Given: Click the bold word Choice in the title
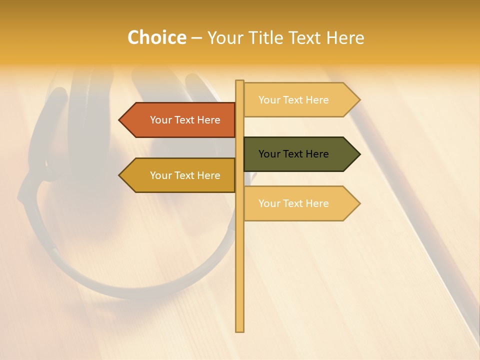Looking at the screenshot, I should pos(156,37).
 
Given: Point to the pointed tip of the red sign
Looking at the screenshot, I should pos(120,120).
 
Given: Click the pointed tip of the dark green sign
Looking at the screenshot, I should pos(359,154).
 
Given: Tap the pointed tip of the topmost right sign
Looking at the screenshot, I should pos(359,100).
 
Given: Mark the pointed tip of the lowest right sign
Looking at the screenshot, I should pos(359,203).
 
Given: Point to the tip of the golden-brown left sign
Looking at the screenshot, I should pos(120,175).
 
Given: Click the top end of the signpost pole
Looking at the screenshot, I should pos(239,81).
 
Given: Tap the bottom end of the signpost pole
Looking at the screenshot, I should pos(239,330).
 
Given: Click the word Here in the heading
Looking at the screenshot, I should pos(345,37).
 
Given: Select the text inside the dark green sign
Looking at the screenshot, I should pos(293,154).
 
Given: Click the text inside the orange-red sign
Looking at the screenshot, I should pos(185,120).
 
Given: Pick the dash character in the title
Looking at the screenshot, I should pos(196,38).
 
